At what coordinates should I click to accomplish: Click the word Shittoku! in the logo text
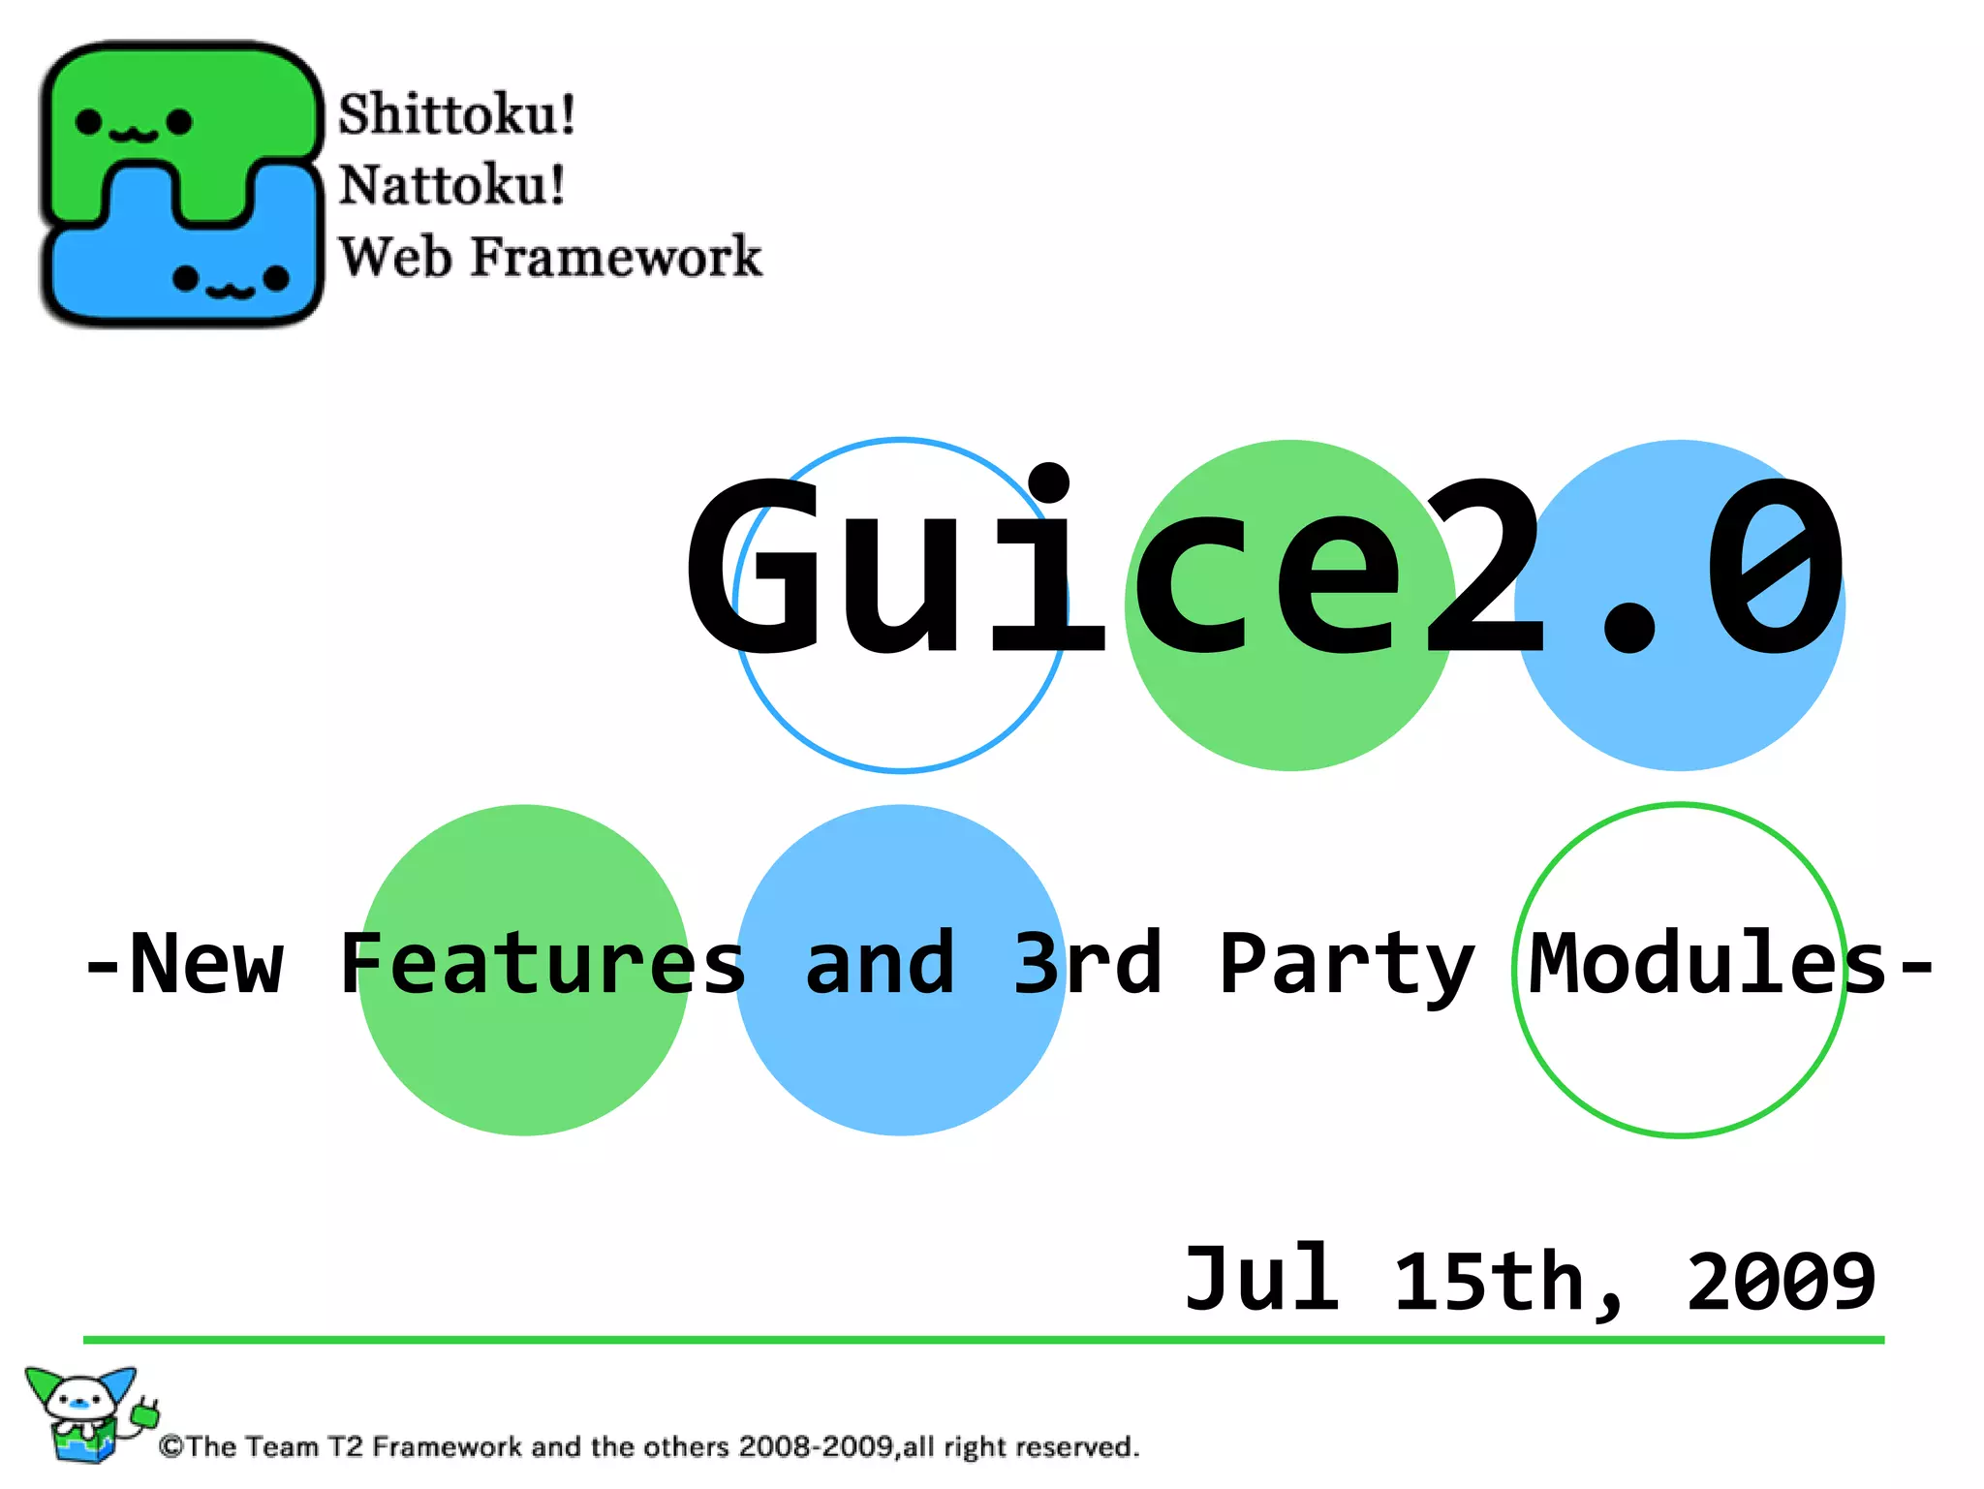[x=456, y=114]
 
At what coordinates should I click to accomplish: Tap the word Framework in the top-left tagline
[x=616, y=257]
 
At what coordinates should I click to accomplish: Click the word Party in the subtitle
[x=1347, y=964]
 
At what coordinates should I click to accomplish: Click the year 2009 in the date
[x=1781, y=1282]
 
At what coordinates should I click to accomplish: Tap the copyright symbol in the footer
[x=171, y=1447]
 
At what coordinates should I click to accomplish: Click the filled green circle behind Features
[x=523, y=1066]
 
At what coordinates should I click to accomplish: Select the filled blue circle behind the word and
[x=901, y=1066]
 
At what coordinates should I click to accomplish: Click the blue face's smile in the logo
[x=231, y=288]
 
